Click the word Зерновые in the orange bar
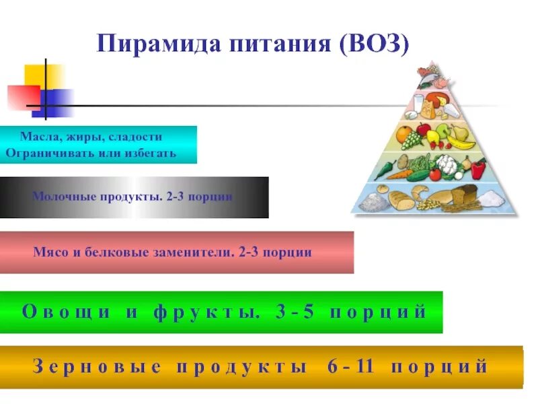[97, 367]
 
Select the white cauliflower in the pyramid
[446, 164]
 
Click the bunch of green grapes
[412, 141]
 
